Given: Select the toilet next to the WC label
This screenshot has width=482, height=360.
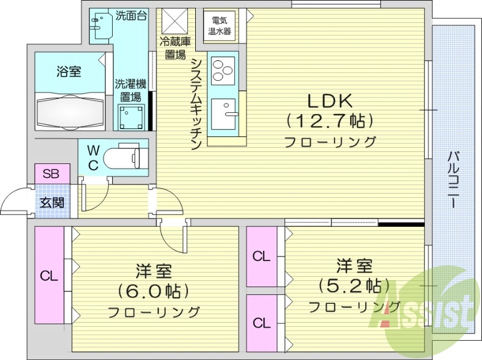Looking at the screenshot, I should coord(125,159).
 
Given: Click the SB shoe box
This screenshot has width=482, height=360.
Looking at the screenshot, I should coord(51,175).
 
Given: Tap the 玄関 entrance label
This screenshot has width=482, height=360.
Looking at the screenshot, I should coord(51,203).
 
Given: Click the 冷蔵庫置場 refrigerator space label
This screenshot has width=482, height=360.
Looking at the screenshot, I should coord(174,47).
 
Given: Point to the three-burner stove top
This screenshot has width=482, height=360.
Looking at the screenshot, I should coord(222,70).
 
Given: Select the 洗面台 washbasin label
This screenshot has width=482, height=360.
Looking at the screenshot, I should coord(130,16).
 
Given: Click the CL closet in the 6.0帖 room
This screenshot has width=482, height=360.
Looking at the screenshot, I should coord(49,276).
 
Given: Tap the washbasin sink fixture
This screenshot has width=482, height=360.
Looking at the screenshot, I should coord(98,25).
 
